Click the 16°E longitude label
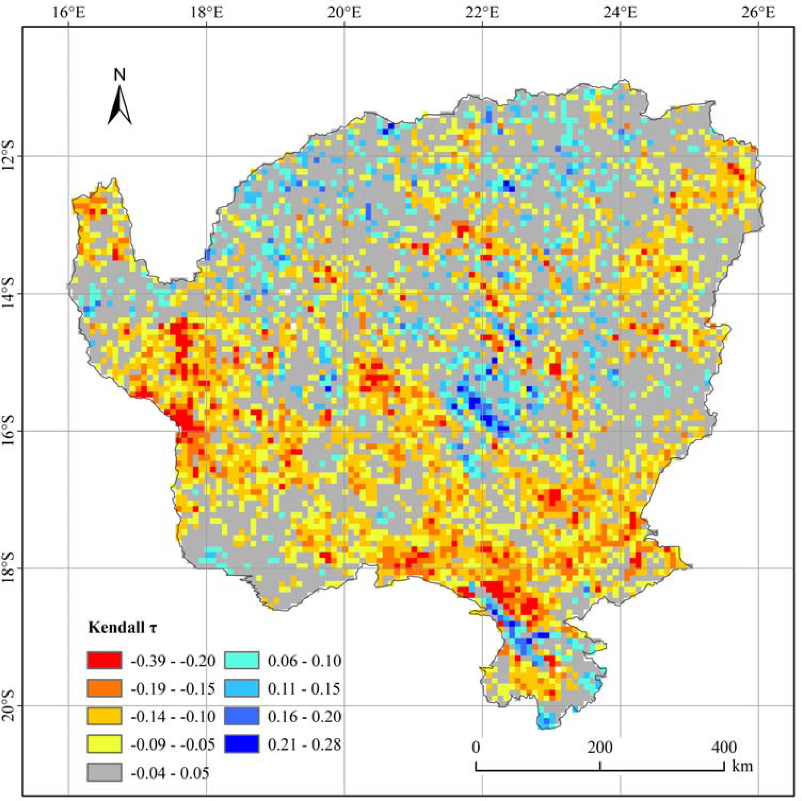pos(69,13)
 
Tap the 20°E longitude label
pos(345,13)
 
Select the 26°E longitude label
pos(758,13)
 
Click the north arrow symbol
pos(120,106)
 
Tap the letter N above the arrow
pos(120,75)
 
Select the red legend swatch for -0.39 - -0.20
pos(104,661)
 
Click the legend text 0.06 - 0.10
pos(304,661)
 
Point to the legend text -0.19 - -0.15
pos(173,689)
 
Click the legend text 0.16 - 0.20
pos(304,717)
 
